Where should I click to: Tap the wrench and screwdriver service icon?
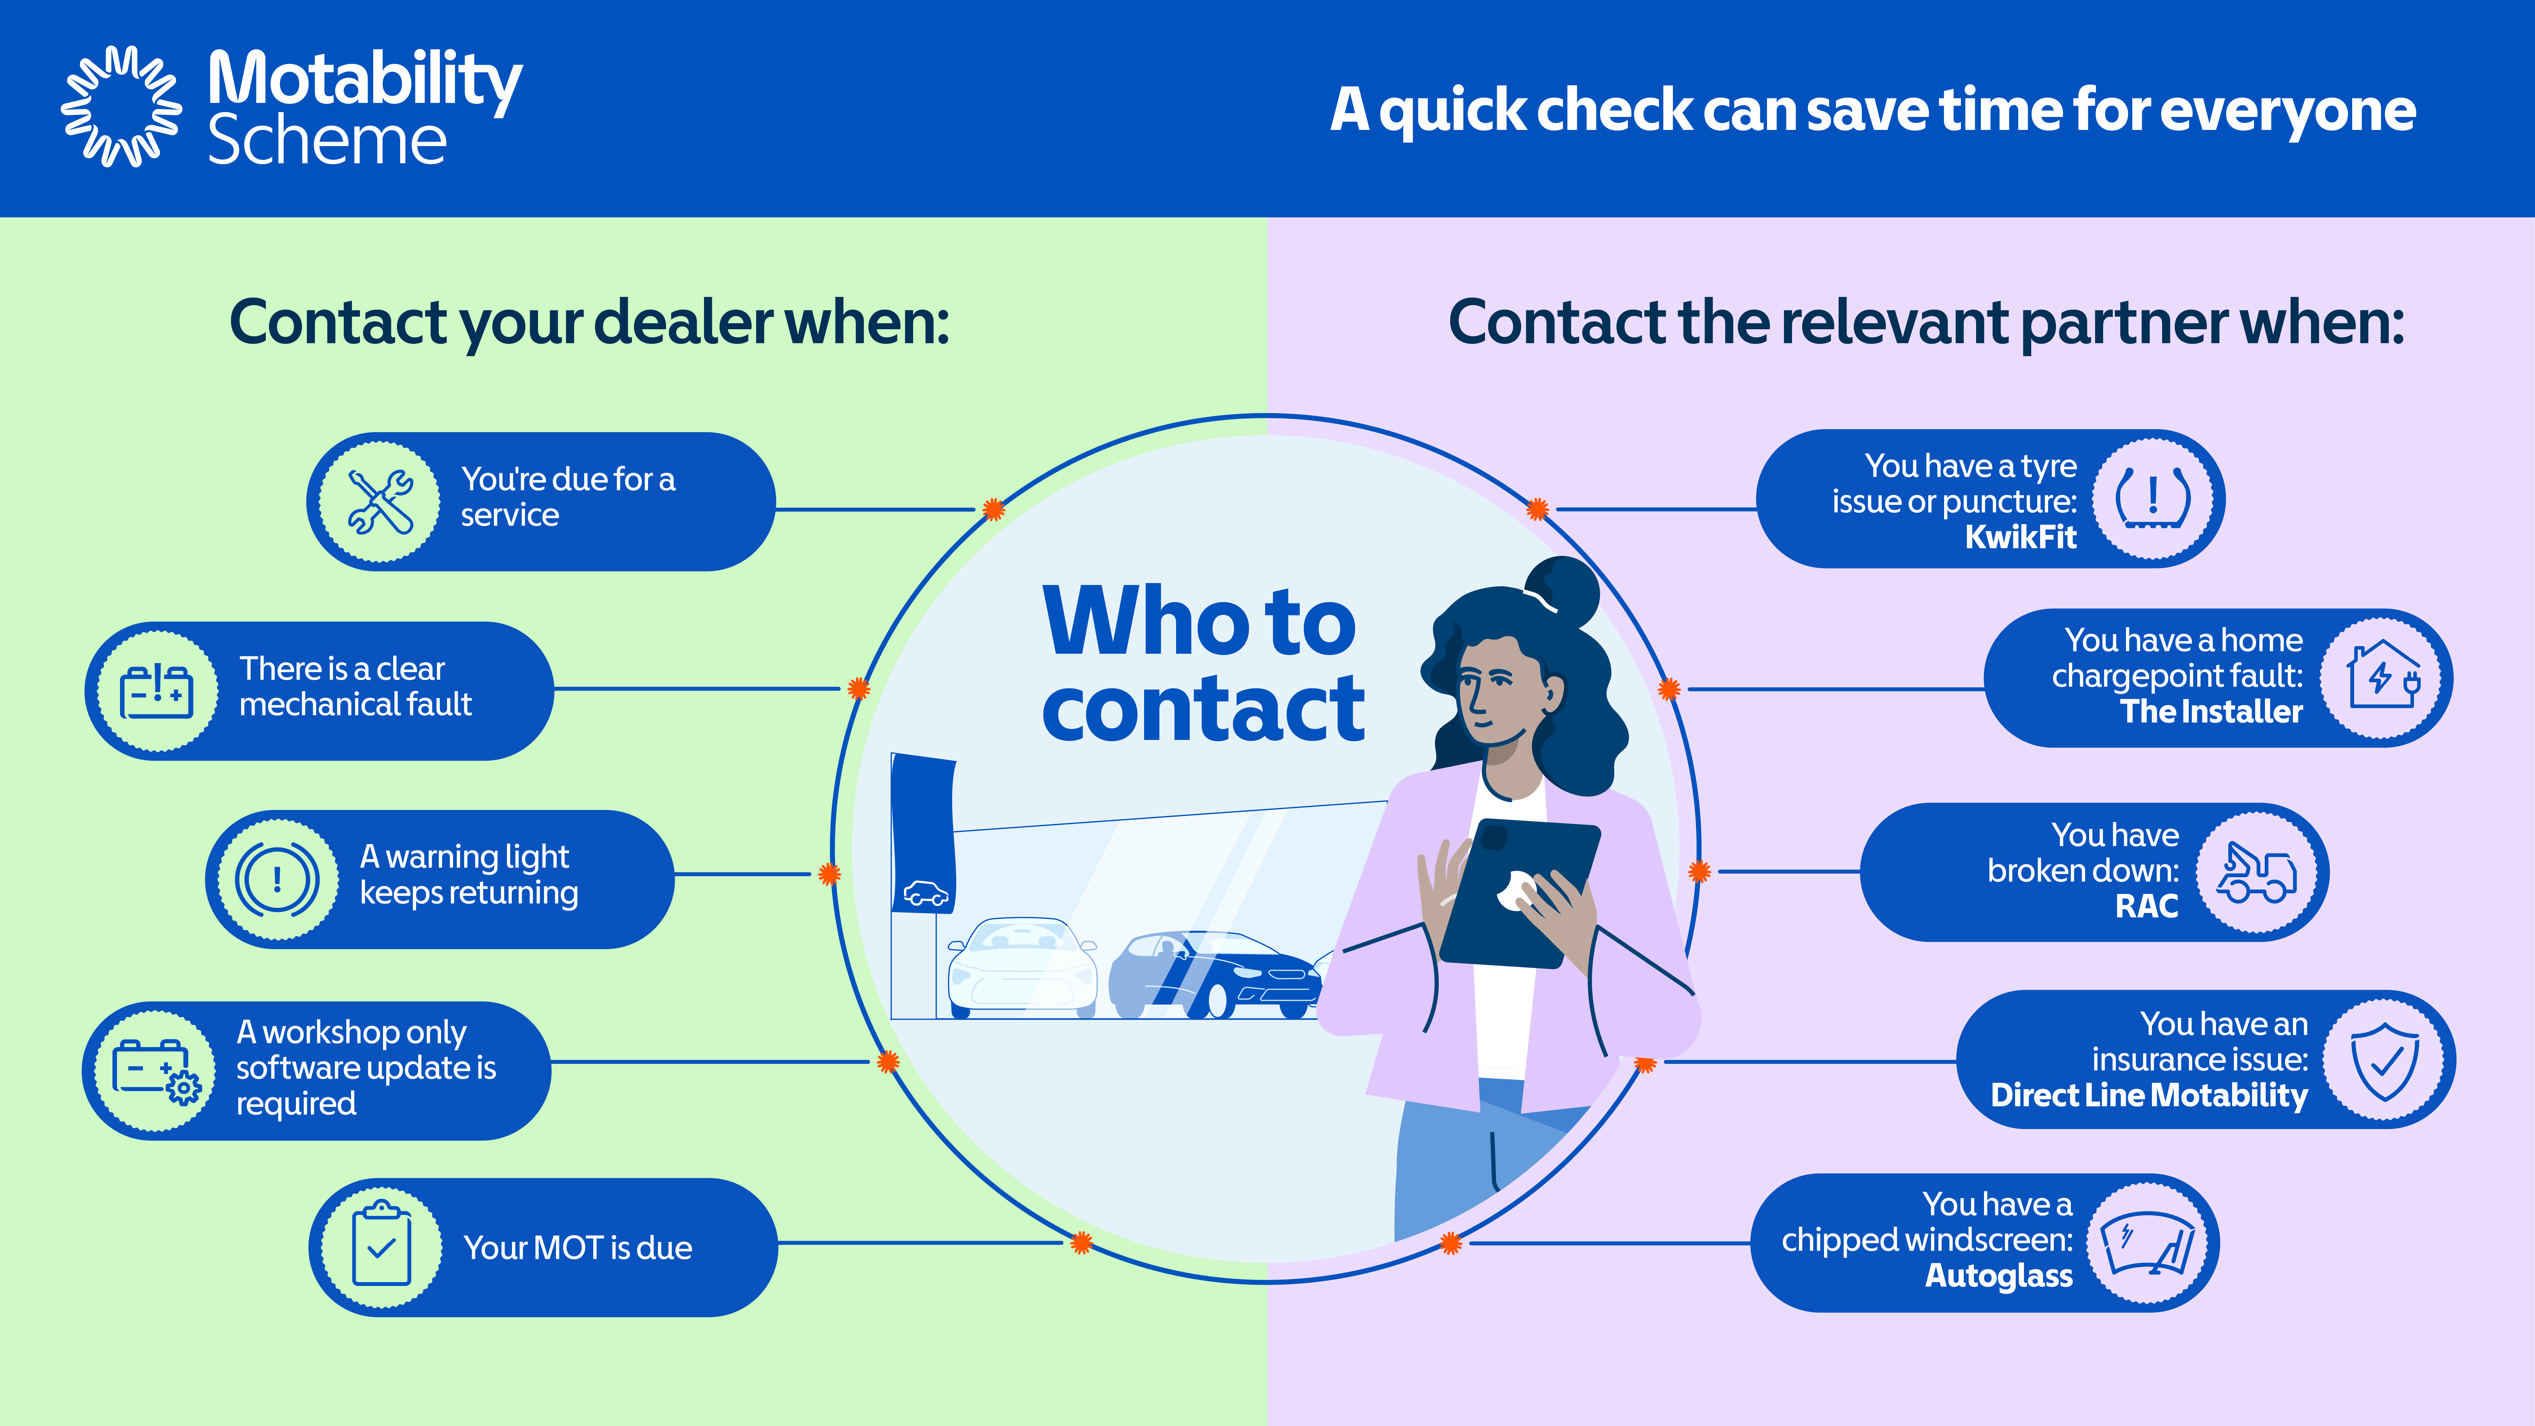click(x=380, y=502)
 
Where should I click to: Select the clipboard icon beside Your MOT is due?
click(x=382, y=1246)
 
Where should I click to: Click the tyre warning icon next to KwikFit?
click(x=2153, y=498)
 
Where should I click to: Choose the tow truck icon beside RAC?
click(x=2257, y=872)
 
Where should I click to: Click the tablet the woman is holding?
click(x=1519, y=891)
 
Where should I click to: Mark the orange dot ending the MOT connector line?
click(x=1081, y=1243)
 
